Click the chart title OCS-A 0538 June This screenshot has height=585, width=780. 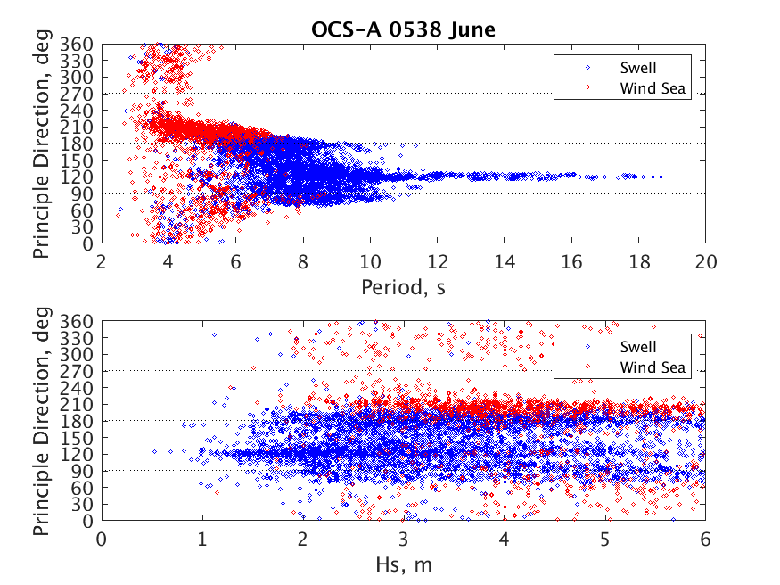click(x=403, y=29)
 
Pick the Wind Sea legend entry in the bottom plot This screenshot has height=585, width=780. click(x=654, y=367)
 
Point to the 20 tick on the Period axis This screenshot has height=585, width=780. click(x=705, y=262)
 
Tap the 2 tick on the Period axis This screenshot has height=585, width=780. click(x=102, y=262)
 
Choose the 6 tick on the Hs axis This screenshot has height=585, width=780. click(x=705, y=540)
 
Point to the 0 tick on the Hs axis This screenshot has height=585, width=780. click(x=102, y=540)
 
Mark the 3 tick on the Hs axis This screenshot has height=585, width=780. click(x=404, y=540)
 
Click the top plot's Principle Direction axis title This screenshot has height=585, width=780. click(x=42, y=143)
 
